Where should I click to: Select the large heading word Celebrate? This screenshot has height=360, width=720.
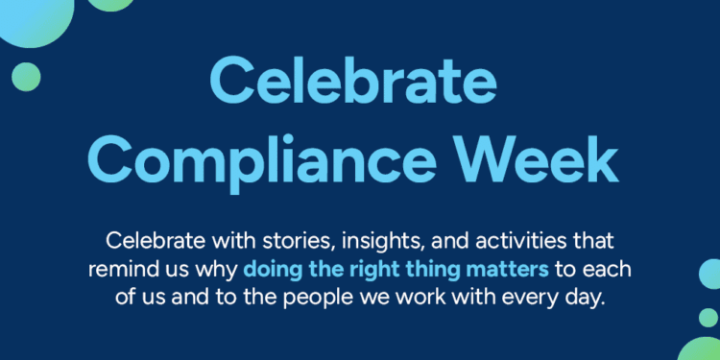[359, 82]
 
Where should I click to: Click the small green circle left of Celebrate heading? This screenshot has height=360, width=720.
[26, 76]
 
